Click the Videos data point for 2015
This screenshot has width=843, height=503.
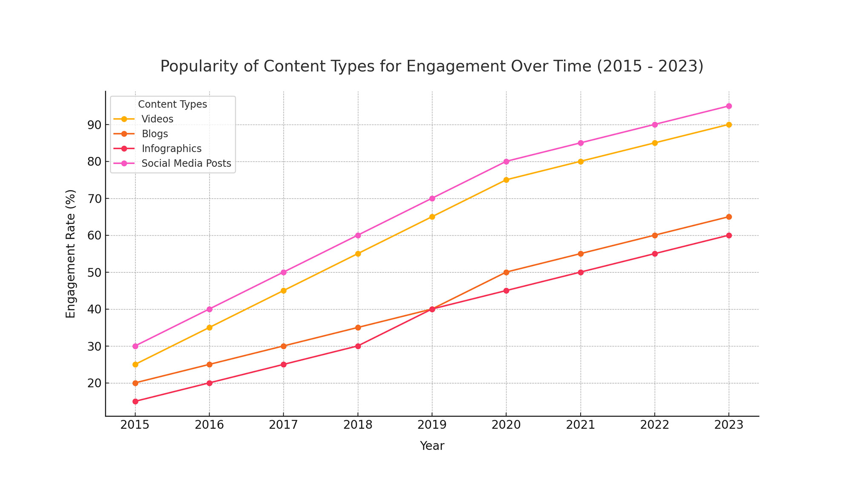pos(135,364)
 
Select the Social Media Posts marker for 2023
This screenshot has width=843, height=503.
pos(729,106)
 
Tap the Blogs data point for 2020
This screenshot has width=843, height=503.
pos(506,272)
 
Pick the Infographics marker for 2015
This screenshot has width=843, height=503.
pos(135,402)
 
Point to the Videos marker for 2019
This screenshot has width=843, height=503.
pos(432,217)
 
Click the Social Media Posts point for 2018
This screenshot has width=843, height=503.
pos(358,235)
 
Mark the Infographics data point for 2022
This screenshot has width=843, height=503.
pos(655,254)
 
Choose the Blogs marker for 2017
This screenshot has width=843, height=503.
pos(284,346)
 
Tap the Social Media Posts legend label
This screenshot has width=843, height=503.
pos(186,164)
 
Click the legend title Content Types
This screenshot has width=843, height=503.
pos(173,104)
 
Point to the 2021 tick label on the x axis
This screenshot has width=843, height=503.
pos(580,425)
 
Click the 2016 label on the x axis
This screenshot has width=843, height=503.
pos(209,425)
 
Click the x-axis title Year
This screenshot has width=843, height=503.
pos(432,446)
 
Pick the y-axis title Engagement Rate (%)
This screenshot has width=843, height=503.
pos(71,254)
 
